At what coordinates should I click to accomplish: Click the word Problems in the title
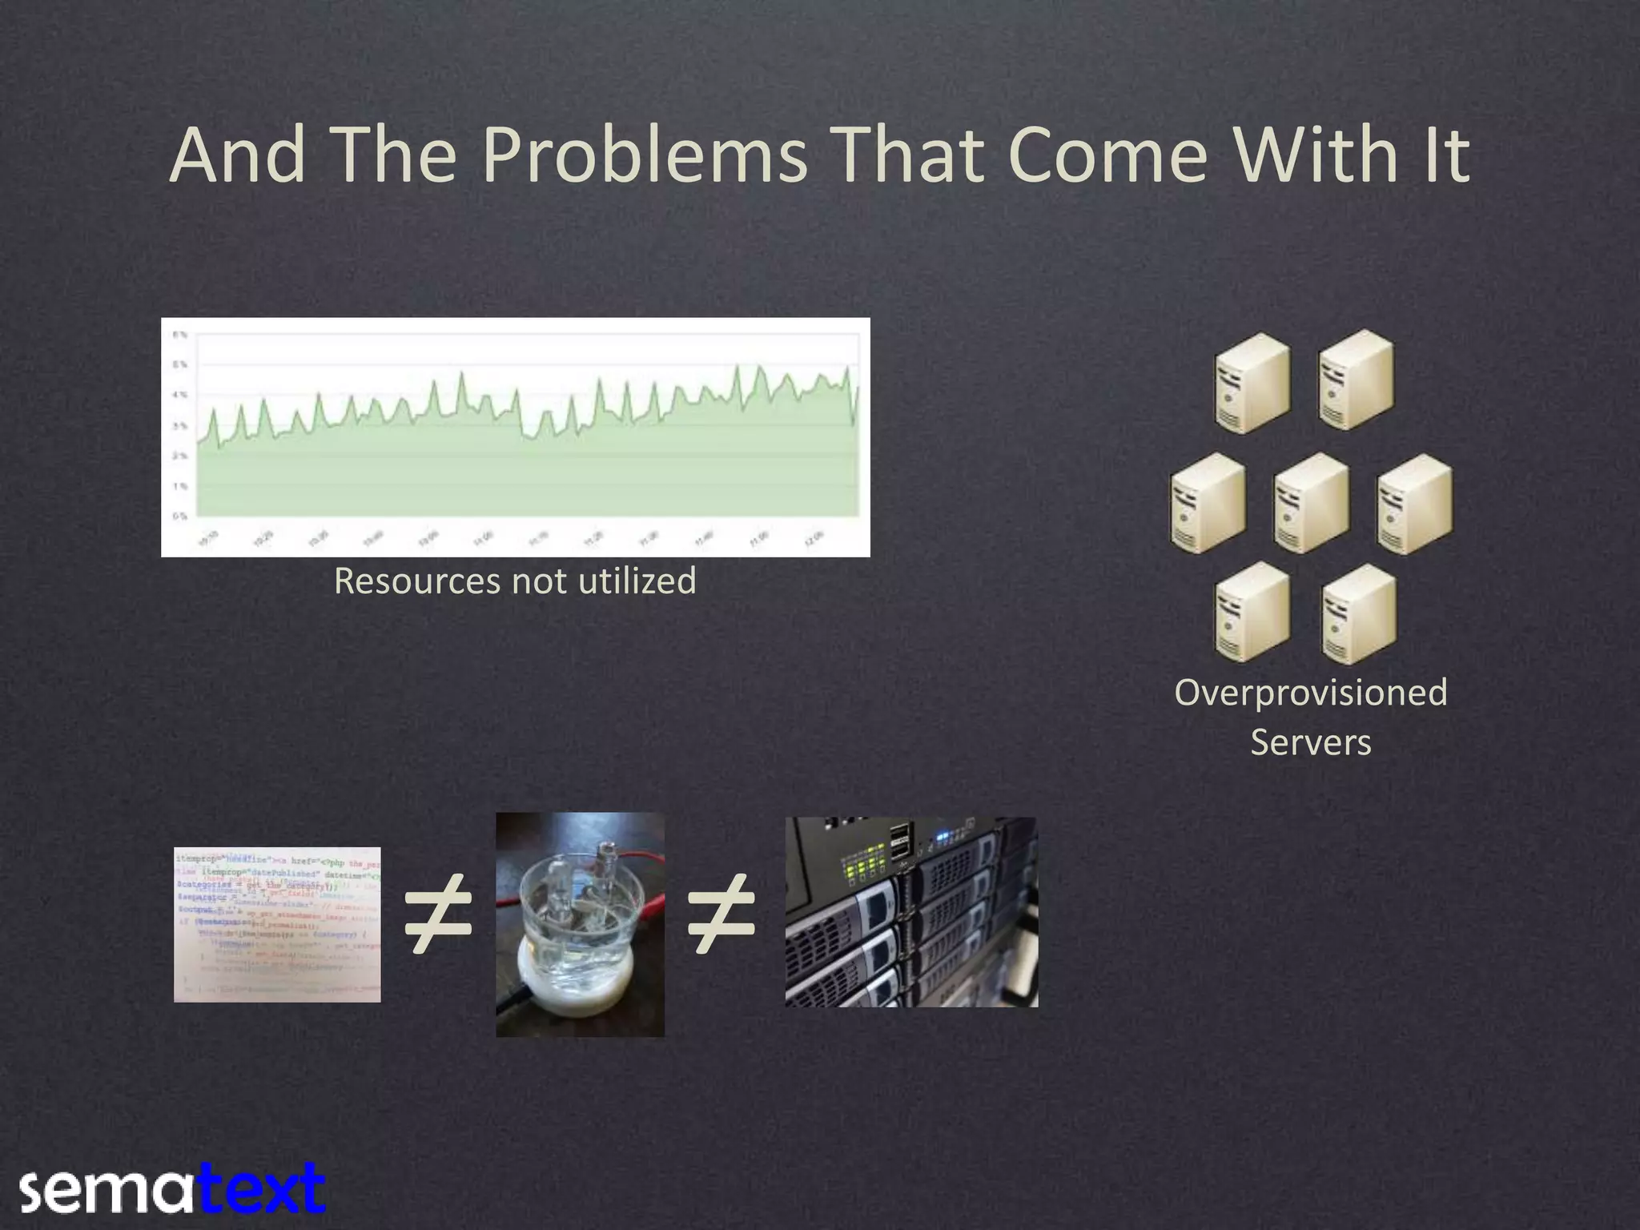[645, 156]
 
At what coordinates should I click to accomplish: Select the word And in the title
[237, 156]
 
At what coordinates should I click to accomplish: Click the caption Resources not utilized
[515, 581]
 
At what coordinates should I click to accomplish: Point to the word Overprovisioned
[1311, 693]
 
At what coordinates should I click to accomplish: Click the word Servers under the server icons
[1311, 742]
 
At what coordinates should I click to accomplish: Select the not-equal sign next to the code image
[437, 914]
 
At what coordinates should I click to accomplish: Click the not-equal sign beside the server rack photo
[722, 914]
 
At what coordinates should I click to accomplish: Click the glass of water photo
[580, 925]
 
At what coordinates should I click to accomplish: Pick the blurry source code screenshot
[277, 924]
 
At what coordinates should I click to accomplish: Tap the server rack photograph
[911, 912]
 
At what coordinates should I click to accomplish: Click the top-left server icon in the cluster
[1252, 383]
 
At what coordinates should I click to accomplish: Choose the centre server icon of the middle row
[1311, 503]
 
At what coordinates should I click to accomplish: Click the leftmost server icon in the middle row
[1208, 503]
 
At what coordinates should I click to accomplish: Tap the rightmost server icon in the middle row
[1415, 503]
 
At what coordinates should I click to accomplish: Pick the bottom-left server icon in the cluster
[1252, 613]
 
